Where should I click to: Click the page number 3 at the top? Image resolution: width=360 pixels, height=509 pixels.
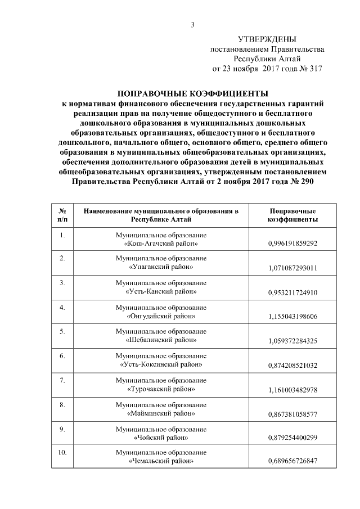pos(192,24)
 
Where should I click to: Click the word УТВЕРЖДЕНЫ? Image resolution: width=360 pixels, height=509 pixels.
pos(267,39)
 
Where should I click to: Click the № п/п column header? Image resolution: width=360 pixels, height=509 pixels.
pos(62,214)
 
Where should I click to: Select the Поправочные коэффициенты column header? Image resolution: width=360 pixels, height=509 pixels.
pos(293,214)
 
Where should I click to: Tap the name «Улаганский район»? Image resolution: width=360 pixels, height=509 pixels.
pos(161,267)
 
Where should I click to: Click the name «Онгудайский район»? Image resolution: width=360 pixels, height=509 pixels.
pos(161,316)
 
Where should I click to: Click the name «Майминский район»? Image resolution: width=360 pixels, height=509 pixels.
pos(161,413)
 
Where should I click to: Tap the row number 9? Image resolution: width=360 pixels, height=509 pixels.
pos(62,429)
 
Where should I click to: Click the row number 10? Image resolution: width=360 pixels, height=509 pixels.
pos(62,453)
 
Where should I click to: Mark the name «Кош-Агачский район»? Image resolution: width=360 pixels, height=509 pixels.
pos(161,243)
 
